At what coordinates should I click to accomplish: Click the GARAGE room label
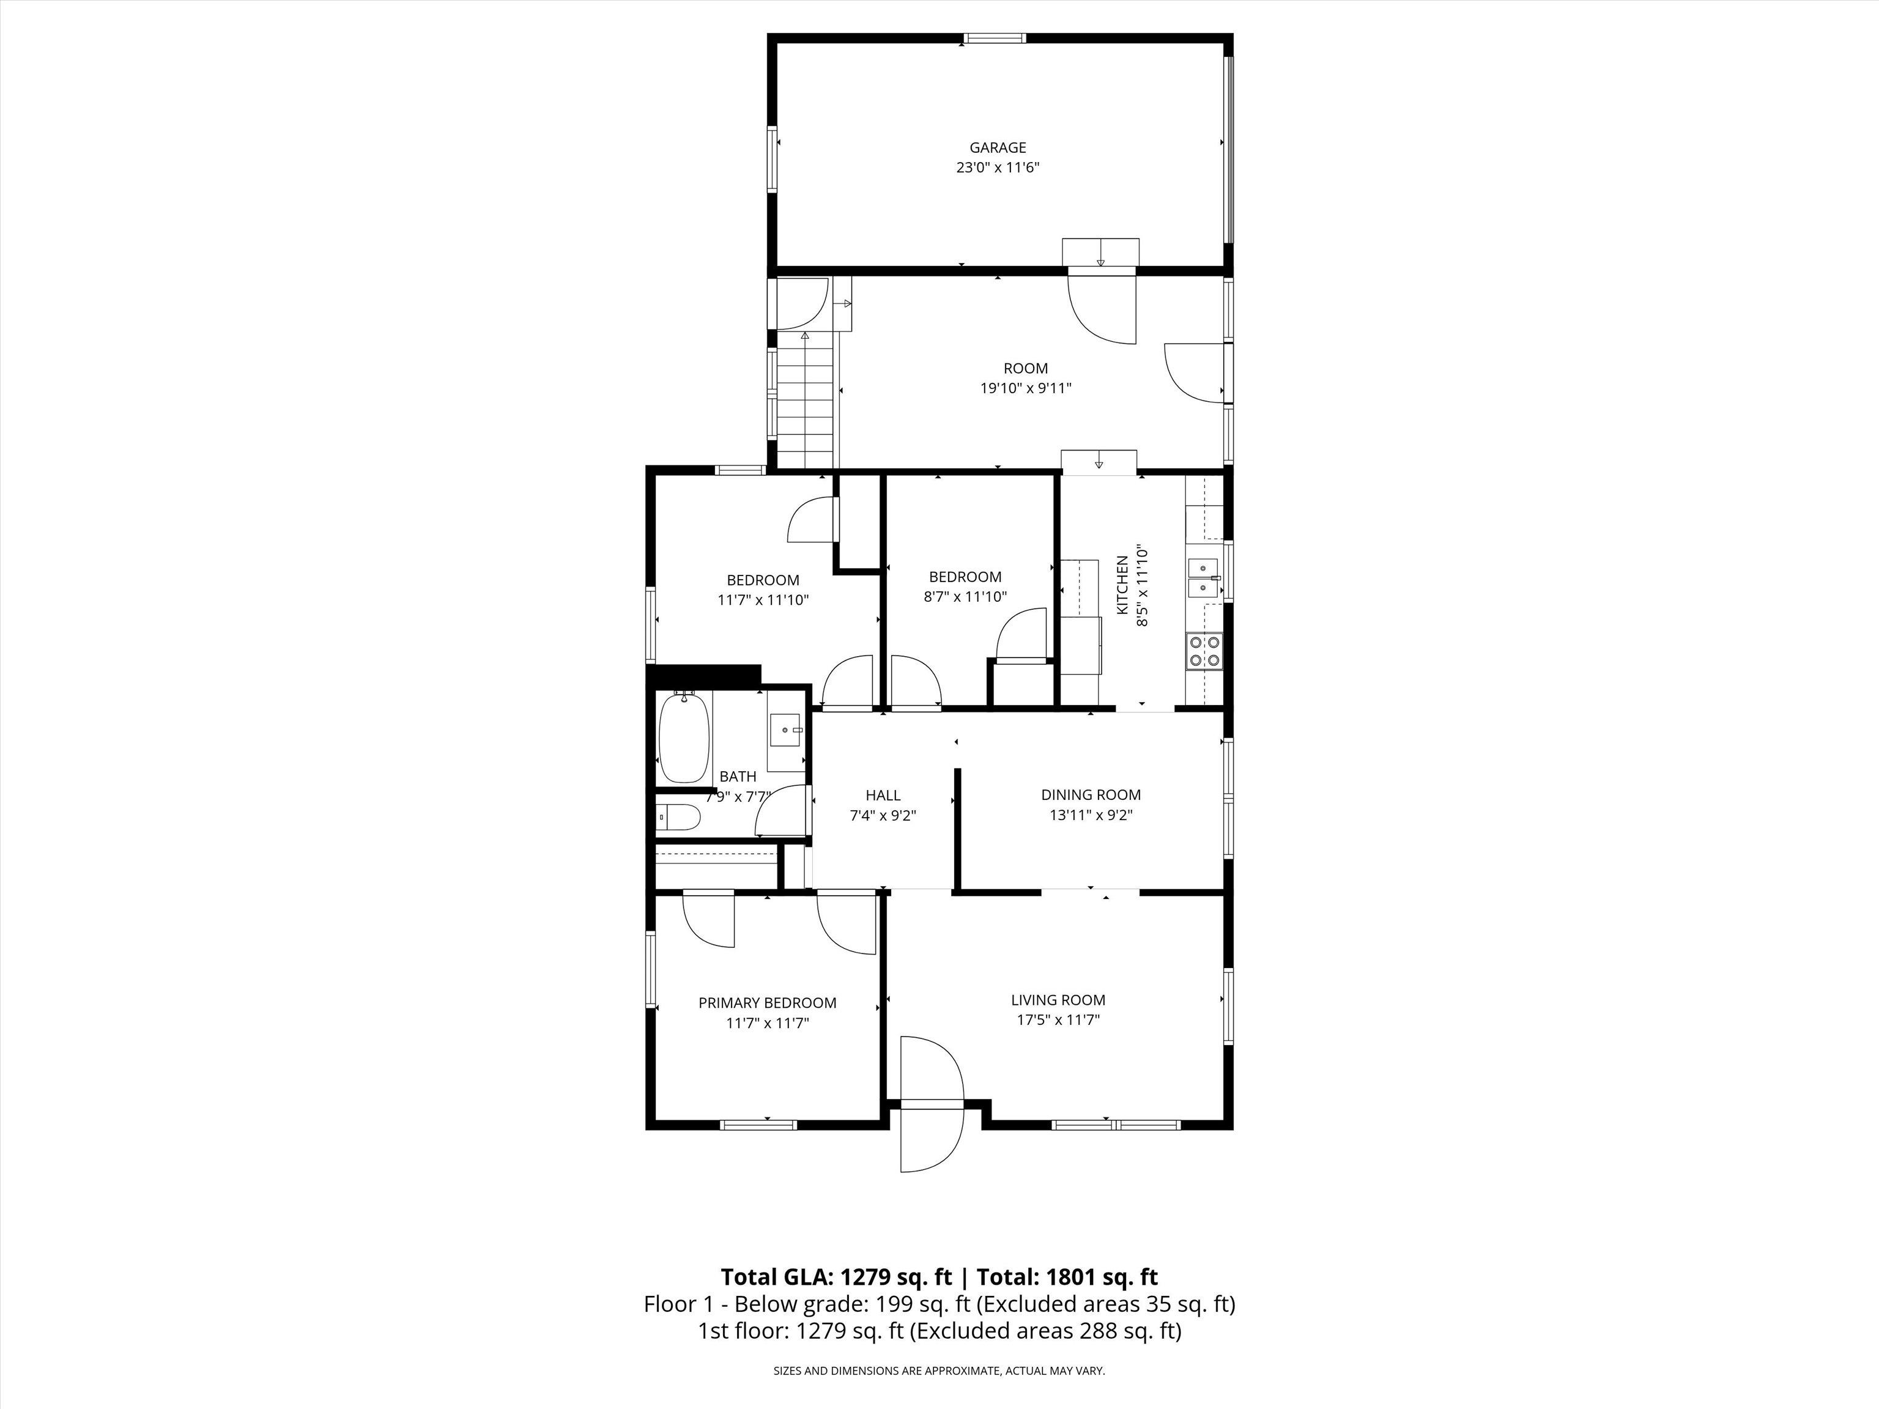(998, 148)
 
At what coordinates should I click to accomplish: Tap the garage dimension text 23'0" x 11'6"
(998, 168)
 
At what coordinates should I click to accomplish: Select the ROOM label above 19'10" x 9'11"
(1025, 369)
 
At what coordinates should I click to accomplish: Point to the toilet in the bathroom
(679, 818)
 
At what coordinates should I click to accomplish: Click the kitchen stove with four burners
(1204, 651)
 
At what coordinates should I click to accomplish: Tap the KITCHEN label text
(1122, 586)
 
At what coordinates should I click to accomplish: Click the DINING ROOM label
(1091, 795)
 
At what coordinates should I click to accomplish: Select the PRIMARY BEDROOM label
(767, 1003)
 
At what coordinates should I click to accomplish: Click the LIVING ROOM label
(1058, 1000)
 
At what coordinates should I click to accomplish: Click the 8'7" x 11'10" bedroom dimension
(965, 597)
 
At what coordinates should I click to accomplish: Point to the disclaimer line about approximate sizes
(939, 1371)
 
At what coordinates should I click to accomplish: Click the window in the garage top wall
(994, 38)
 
